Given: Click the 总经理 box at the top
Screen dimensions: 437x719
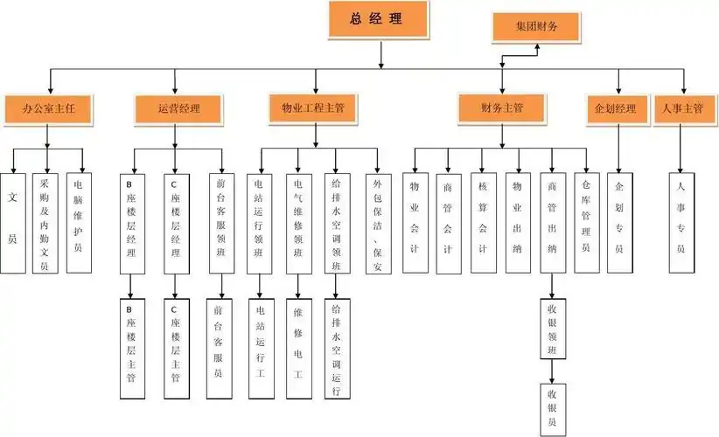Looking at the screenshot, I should (380, 19).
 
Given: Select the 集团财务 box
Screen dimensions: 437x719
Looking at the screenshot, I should (536, 27).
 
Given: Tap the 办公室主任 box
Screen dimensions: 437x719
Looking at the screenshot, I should (49, 109).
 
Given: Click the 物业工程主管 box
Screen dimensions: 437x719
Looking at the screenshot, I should (312, 109).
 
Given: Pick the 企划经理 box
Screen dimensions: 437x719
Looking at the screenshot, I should (616, 109).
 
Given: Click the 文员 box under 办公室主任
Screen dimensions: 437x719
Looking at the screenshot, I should (13, 222).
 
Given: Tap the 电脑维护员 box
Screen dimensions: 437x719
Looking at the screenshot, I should (79, 222).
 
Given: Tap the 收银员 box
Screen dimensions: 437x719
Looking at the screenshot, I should (552, 408).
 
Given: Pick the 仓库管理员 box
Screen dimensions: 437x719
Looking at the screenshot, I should (585, 222).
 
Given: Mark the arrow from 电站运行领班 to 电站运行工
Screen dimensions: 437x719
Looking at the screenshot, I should (259, 287).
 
